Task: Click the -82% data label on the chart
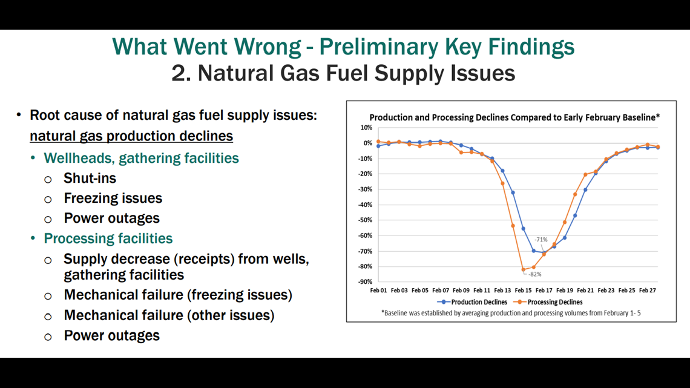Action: tap(534, 274)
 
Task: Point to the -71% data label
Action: tap(541, 240)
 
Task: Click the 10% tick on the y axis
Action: tap(366, 128)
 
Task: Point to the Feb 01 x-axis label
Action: tap(378, 291)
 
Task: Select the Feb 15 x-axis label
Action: tap(523, 291)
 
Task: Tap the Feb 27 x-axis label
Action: tap(647, 291)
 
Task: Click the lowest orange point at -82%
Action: tap(523, 270)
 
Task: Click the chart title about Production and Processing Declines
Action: tap(514, 117)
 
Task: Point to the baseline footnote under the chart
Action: tap(511, 313)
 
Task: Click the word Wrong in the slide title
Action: tap(268, 47)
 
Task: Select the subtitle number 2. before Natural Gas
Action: tap(181, 73)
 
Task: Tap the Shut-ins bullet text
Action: tap(90, 178)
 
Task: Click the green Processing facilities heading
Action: tap(108, 238)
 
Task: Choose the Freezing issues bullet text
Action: tap(113, 199)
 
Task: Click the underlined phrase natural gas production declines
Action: tap(131, 136)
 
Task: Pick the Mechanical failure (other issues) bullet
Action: tap(169, 315)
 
